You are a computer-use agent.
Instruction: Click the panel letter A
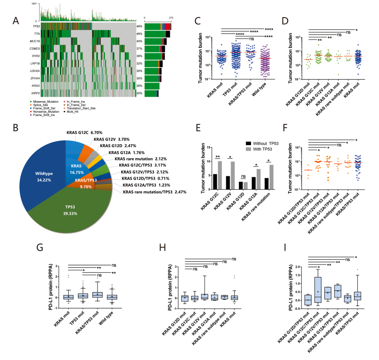(x=16, y=20)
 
